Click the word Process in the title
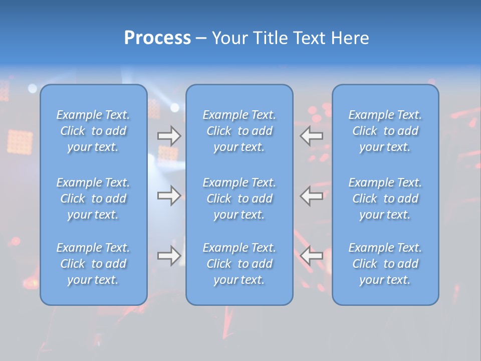click(157, 38)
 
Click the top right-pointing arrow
click(169, 136)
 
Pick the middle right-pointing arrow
click(169, 196)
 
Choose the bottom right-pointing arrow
click(169, 256)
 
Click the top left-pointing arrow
click(312, 136)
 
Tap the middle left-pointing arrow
click(312, 196)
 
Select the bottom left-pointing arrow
click(312, 256)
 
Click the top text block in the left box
click(93, 131)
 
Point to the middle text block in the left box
click(93, 199)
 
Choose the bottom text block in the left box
click(93, 264)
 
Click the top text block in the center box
click(239, 131)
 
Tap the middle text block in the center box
click(239, 199)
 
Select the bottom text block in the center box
click(239, 264)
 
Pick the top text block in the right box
click(385, 131)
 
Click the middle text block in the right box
click(385, 199)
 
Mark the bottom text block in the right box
click(385, 264)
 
